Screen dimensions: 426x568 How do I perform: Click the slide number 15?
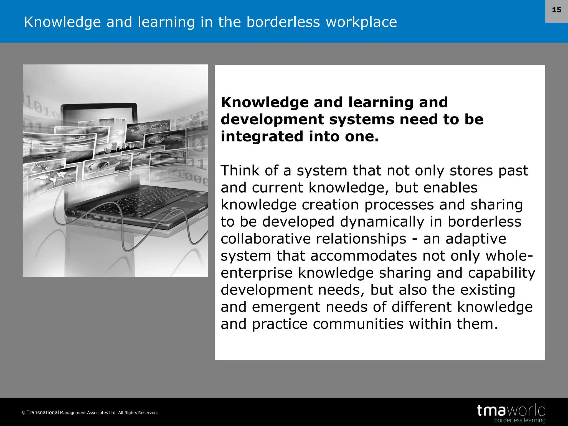[x=556, y=10]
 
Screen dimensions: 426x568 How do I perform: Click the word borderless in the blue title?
[x=283, y=22]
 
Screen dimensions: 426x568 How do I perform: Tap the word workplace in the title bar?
[x=361, y=22]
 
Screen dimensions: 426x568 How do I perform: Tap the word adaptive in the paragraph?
[x=476, y=239]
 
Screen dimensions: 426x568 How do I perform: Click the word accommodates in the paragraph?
[x=363, y=256]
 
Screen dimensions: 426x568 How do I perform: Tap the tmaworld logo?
[x=511, y=410]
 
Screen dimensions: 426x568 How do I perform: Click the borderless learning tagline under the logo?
[x=519, y=420]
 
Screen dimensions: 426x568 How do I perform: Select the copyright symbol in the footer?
[x=23, y=413]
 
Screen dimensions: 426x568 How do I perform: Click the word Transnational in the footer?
[x=43, y=412]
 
